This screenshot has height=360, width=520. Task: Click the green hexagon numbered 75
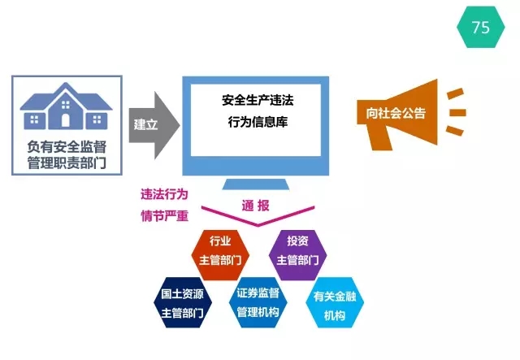point(480,27)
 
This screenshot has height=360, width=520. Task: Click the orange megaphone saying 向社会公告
point(397,114)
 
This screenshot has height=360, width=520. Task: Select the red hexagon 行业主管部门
point(220,255)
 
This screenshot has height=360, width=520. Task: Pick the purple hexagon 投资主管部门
point(297,255)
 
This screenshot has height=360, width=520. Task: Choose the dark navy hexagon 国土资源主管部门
point(182,302)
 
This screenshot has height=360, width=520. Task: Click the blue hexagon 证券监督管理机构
point(258,302)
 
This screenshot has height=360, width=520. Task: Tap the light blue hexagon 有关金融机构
point(335,302)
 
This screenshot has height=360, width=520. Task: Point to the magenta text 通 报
point(255,206)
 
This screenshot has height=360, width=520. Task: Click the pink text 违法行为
point(164,194)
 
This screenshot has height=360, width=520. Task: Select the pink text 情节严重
point(164,216)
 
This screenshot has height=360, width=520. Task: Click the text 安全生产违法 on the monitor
point(258,100)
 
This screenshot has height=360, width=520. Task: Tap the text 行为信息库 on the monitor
point(258,122)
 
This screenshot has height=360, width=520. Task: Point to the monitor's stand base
point(256,184)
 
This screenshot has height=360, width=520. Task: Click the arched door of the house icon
point(66,120)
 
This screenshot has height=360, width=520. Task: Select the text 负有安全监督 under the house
point(67,146)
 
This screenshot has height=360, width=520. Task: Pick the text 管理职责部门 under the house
point(67,163)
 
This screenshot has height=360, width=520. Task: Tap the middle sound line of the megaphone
point(457,113)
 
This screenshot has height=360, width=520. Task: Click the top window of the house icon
point(66,105)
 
